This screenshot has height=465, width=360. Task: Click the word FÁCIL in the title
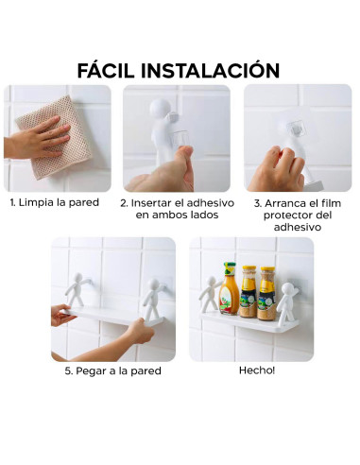pos(114,70)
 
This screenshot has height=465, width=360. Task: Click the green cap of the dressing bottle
pos(230,267)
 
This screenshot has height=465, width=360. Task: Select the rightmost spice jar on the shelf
pos(267,293)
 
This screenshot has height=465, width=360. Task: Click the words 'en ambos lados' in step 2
pos(176,215)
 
